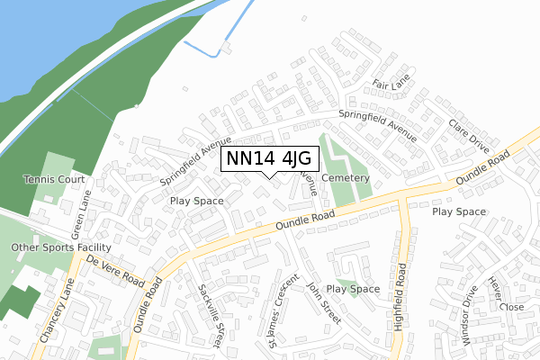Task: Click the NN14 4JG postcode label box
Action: pyautogui.click(x=270, y=159)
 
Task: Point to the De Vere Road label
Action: pyautogui.click(x=116, y=269)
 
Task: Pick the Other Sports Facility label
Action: pyautogui.click(x=60, y=247)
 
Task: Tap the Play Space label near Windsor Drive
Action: pyautogui.click(x=459, y=212)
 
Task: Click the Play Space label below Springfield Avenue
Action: pyautogui.click(x=196, y=201)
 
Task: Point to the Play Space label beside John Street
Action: pyautogui.click(x=353, y=289)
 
